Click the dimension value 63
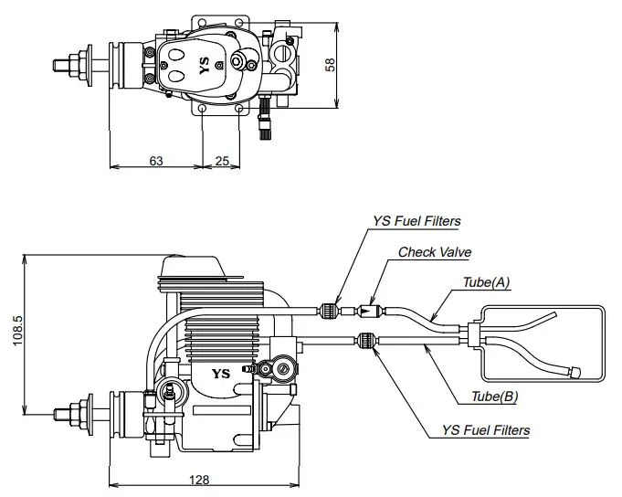[x=156, y=160]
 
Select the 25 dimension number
[x=222, y=160]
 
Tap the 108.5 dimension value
[x=16, y=333]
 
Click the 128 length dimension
[x=201, y=480]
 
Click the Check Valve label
[x=435, y=251]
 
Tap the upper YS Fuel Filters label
[x=416, y=221]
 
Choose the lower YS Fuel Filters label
[x=485, y=429]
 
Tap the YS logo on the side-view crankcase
[x=220, y=373]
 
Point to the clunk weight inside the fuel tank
[x=576, y=372]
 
